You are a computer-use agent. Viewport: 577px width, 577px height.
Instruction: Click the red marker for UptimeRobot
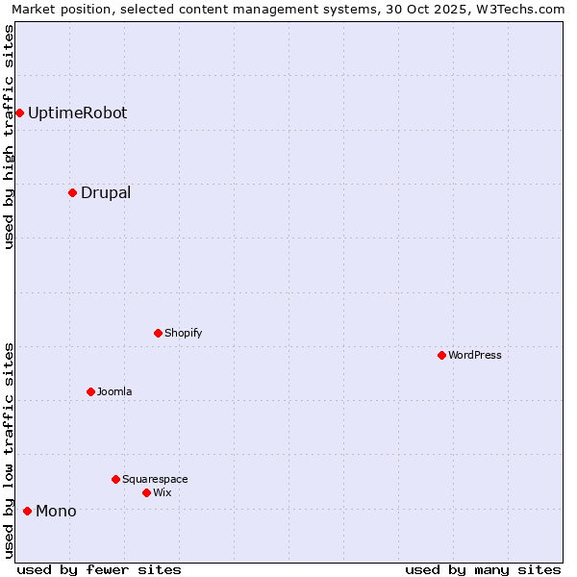[x=19, y=113]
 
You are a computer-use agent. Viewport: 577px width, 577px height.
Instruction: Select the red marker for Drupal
[x=72, y=193]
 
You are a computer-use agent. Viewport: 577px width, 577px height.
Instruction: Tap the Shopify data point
[x=158, y=334]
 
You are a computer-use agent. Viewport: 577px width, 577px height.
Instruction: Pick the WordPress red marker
[x=441, y=356]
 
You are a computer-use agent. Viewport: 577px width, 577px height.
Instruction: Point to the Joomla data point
[x=90, y=392]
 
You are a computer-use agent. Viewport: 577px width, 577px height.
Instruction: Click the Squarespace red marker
[x=115, y=479]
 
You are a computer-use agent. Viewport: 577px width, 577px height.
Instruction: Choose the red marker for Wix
[x=146, y=492]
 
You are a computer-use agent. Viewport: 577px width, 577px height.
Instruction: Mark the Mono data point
[x=27, y=511]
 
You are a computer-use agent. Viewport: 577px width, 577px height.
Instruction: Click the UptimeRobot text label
[x=77, y=113]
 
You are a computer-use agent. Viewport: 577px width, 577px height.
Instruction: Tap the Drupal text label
[x=106, y=193]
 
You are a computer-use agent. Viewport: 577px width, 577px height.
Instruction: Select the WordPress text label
[x=475, y=356]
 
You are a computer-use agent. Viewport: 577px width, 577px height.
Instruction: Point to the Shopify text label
[x=183, y=334]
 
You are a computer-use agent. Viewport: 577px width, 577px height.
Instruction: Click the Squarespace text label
[x=155, y=479]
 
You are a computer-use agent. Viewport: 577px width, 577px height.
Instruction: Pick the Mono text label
[x=56, y=511]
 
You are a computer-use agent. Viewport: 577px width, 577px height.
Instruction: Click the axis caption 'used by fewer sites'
[x=99, y=569]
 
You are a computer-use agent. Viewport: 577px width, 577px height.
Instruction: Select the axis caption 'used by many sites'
[x=483, y=569]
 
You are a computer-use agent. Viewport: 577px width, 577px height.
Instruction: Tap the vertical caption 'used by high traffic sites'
[x=10, y=137]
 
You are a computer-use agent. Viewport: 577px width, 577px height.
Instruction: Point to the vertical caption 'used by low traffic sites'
[x=10, y=449]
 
